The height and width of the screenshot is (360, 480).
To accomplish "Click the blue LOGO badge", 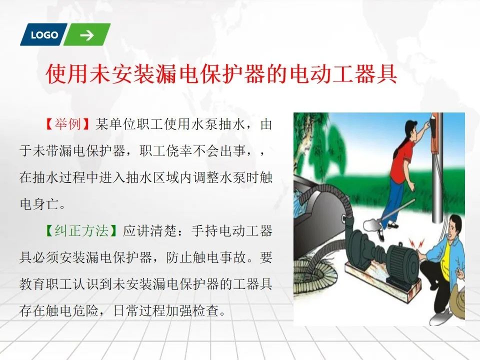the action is click(43, 34).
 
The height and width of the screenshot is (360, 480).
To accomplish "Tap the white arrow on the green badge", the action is click(87, 35).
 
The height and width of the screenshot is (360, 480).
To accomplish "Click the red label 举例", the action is click(67, 124).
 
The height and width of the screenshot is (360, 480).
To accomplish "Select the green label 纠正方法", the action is click(81, 231).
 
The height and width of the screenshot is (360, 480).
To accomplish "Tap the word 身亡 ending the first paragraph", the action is click(46, 204).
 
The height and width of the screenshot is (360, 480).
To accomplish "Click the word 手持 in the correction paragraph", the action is click(205, 231).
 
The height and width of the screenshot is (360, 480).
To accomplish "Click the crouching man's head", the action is click(453, 227).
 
